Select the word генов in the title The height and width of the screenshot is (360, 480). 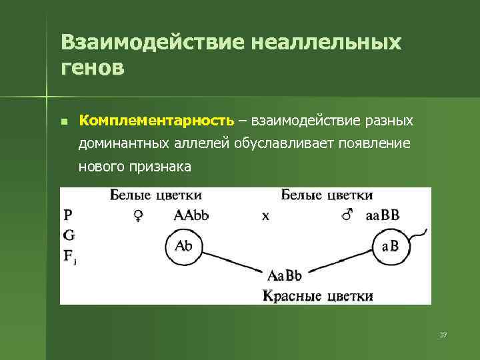(x=92, y=68)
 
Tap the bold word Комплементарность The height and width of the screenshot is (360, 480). (x=157, y=121)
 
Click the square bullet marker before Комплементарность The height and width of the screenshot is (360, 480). (x=63, y=122)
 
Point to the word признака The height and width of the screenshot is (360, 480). (x=163, y=167)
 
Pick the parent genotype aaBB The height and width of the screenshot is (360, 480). (x=383, y=215)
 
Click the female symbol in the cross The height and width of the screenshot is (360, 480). (x=137, y=215)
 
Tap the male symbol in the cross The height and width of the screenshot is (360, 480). (x=346, y=215)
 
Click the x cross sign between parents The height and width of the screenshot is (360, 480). (x=265, y=216)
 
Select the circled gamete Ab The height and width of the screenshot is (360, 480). (x=183, y=246)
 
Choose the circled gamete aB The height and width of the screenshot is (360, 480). (x=391, y=247)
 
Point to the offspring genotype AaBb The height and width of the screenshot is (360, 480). (x=285, y=275)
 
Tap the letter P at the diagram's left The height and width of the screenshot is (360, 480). (x=68, y=215)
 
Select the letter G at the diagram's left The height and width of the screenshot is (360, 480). (x=68, y=235)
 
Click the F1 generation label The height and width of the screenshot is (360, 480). (x=70, y=255)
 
